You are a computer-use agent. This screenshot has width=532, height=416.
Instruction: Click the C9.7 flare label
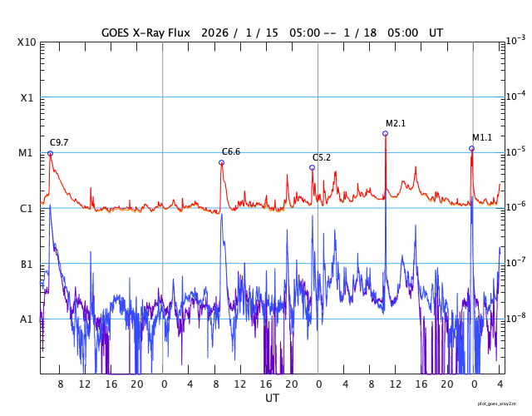pyautogui.click(x=59, y=143)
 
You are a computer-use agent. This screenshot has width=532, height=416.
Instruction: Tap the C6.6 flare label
pyautogui.click(x=230, y=151)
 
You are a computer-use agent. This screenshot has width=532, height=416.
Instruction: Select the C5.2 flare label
pyautogui.click(x=322, y=157)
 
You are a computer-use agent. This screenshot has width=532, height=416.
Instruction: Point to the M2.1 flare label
pyautogui.click(x=396, y=123)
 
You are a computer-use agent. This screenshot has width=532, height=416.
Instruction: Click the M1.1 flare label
pyautogui.click(x=482, y=137)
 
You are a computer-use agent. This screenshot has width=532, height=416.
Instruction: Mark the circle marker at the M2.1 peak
pyautogui.click(x=386, y=133)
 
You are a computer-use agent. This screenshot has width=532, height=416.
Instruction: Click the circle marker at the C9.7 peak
pyautogui.click(x=50, y=153)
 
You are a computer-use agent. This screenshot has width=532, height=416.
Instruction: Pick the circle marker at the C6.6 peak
pyautogui.click(x=222, y=162)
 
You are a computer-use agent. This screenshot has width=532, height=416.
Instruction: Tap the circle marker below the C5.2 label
pyautogui.click(x=313, y=167)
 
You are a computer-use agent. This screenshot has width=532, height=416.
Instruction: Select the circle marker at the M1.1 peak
pyautogui.click(x=472, y=148)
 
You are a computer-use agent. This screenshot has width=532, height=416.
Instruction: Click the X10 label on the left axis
pyautogui.click(x=27, y=42)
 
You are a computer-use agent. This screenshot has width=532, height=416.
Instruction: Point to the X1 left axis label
pyautogui.click(x=27, y=97)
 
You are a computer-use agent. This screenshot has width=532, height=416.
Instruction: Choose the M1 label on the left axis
pyautogui.click(x=27, y=153)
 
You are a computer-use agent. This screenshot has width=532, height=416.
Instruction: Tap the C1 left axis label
pyautogui.click(x=27, y=208)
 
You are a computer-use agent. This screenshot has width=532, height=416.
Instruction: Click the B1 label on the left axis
pyautogui.click(x=27, y=264)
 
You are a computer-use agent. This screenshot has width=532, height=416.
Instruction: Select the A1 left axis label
pyautogui.click(x=27, y=319)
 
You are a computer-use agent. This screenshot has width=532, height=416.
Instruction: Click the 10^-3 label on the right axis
pyautogui.click(x=515, y=41)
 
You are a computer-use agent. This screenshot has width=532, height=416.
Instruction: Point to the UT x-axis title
pyautogui.click(x=272, y=398)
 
